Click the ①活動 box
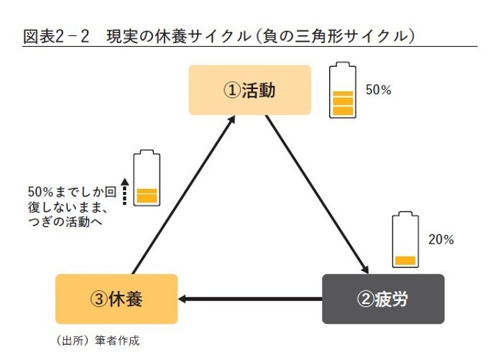[249, 91]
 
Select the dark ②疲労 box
[382, 298]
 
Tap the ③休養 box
[116, 298]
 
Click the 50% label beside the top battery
[378, 91]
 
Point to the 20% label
[440, 240]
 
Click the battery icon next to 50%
[342, 91]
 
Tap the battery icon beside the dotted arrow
[147, 179]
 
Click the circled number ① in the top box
[231, 91]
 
